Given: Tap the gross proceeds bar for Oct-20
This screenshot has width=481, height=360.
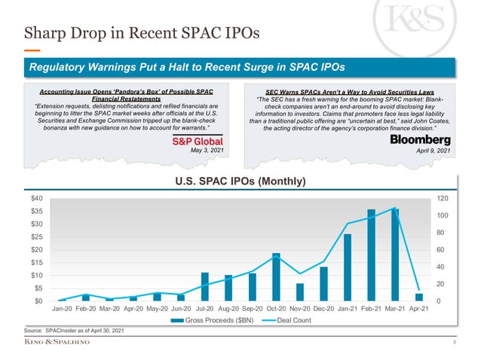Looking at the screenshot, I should click(276, 277).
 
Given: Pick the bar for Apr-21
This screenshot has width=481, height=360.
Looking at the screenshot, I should click(418, 297).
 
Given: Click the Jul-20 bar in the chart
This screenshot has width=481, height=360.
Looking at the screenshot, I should click(204, 286).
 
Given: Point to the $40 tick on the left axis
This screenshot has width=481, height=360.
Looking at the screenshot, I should click(36, 197).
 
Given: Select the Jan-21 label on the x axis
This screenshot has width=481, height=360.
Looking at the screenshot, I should click(347, 309).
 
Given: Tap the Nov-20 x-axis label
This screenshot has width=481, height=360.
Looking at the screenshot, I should click(299, 309).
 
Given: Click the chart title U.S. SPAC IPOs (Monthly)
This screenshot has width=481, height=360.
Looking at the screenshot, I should click(240, 182).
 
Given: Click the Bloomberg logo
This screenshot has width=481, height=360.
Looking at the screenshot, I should click(421, 141).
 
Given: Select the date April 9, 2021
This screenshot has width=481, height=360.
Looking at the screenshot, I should click(434, 151).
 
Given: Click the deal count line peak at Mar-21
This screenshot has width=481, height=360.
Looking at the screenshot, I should click(394, 208).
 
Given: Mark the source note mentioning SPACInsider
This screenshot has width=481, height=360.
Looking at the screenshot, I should click(74, 331).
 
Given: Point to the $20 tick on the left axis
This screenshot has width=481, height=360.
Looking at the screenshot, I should click(36, 249).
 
